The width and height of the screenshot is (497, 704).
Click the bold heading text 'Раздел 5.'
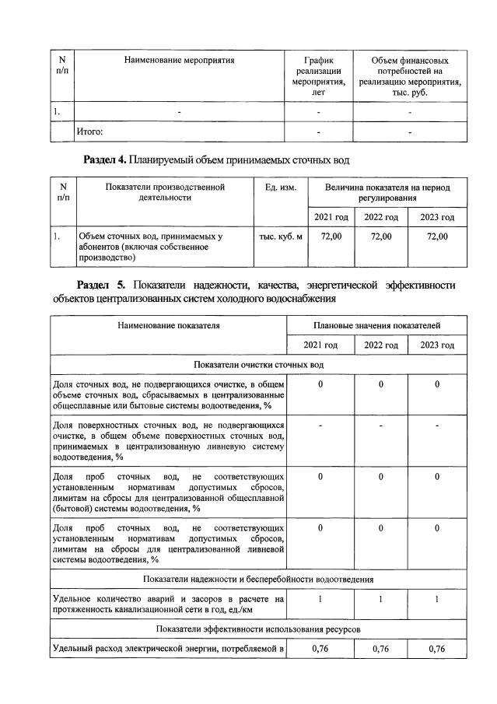click(x=105, y=284)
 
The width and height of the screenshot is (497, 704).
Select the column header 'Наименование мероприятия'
click(x=179, y=60)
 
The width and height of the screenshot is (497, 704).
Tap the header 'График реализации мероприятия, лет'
click(x=318, y=76)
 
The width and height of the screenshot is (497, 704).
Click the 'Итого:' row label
click(x=89, y=132)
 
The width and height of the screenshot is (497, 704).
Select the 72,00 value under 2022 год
click(x=381, y=236)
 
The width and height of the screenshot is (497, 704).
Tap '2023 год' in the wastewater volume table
click(x=437, y=216)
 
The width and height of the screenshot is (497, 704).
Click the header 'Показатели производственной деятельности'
click(x=164, y=193)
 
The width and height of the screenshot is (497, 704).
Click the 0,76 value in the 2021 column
click(x=320, y=648)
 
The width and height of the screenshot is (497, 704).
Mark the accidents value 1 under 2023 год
click(x=437, y=599)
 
